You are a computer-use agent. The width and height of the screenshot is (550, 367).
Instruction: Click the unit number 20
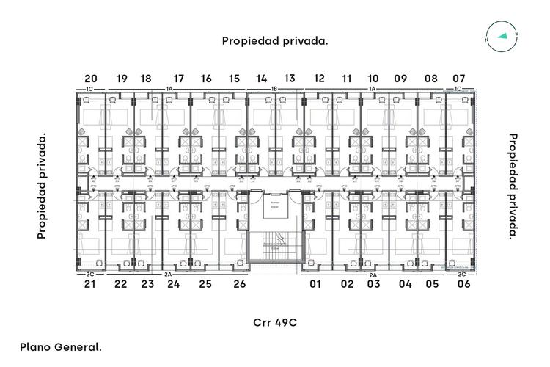tap(91, 79)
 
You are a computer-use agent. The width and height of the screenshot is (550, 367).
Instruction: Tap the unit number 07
tap(459, 79)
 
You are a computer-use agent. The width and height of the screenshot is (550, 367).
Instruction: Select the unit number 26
tap(239, 283)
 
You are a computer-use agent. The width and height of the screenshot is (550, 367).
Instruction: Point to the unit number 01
tap(316, 283)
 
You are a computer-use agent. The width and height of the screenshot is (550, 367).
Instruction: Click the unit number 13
tap(290, 79)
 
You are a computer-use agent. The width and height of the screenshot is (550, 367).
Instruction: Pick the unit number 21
tap(91, 283)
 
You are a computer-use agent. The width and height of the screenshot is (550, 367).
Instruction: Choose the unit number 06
tap(463, 283)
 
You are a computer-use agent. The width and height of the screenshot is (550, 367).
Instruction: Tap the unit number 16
tap(206, 79)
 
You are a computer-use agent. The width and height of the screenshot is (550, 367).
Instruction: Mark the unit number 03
tap(373, 283)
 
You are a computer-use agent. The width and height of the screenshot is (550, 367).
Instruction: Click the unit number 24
tap(173, 283)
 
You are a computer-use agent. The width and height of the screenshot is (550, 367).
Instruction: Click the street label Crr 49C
tap(275, 322)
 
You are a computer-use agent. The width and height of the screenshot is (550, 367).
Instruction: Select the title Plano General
tap(61, 346)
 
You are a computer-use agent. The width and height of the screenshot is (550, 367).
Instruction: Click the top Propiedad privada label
tap(275, 41)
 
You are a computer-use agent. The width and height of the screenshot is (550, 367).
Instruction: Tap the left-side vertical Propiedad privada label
tap(42, 186)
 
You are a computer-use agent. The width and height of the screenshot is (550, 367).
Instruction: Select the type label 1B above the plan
tap(274, 89)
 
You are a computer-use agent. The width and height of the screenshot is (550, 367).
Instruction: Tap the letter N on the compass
tap(487, 40)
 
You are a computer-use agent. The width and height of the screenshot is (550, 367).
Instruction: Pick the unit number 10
tap(373, 79)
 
